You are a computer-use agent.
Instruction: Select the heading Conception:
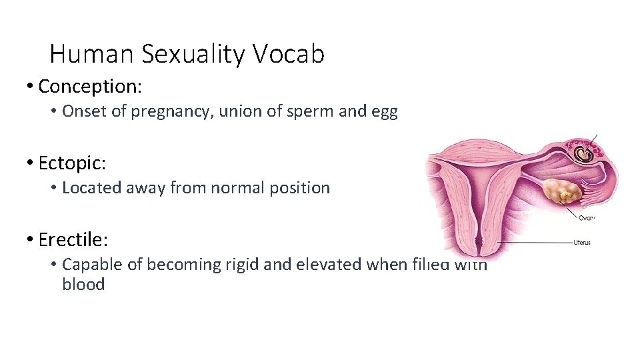(x=91, y=86)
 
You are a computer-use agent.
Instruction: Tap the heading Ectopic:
(x=73, y=163)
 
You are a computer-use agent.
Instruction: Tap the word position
(x=299, y=188)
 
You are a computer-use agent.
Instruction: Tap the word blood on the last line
(x=83, y=285)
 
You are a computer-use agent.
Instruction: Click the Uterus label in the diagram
(x=581, y=243)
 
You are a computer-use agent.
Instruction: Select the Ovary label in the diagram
(x=585, y=217)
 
